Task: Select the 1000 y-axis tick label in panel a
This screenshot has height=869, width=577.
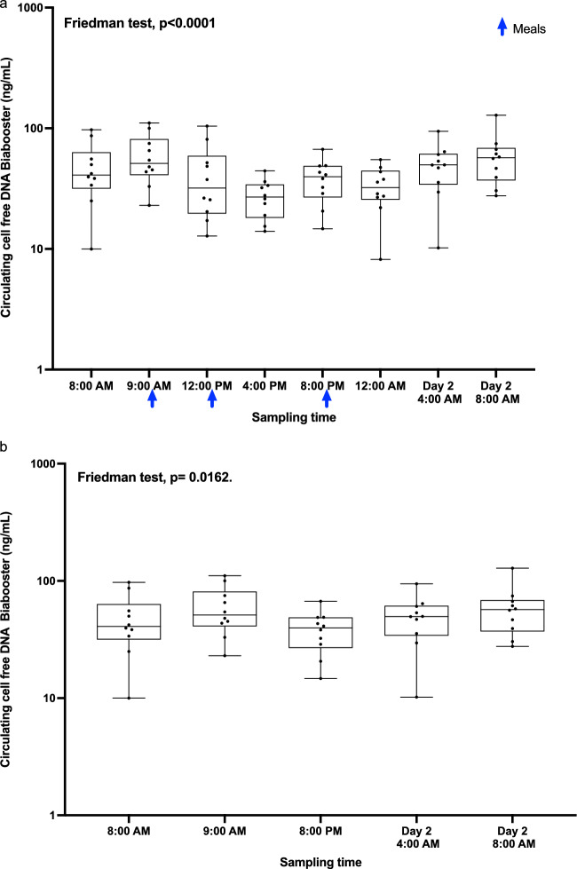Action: click(31, 8)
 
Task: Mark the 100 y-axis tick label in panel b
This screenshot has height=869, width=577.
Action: click(35, 581)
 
